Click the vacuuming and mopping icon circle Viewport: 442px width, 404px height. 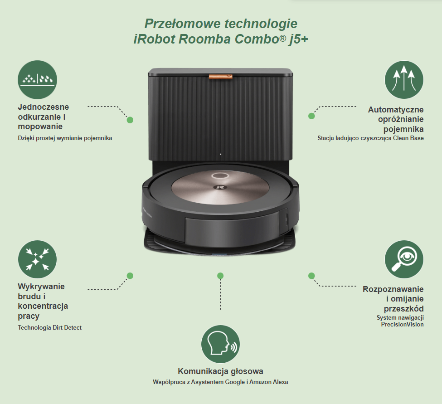(x=37, y=79)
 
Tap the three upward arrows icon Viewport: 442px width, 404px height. (x=404, y=80)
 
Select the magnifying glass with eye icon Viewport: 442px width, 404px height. (x=404, y=259)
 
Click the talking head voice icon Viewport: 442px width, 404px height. (x=220, y=344)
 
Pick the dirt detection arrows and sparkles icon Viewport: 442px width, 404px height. (x=37, y=259)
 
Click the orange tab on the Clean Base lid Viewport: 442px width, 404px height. (x=220, y=76)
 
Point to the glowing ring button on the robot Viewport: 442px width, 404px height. (x=220, y=175)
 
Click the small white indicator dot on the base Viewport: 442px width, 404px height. (x=220, y=154)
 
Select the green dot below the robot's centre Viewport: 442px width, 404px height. (x=220, y=276)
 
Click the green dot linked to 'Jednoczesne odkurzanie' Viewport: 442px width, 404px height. (x=130, y=120)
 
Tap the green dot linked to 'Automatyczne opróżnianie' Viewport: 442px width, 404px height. (x=311, y=116)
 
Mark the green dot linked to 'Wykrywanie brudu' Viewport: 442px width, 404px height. (x=130, y=276)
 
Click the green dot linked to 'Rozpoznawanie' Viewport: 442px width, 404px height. (x=311, y=276)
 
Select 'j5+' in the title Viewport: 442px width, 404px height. (x=298, y=39)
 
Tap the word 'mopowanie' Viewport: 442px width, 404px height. (x=40, y=127)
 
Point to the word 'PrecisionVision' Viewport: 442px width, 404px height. (x=402, y=325)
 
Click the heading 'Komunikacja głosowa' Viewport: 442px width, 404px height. (x=220, y=371)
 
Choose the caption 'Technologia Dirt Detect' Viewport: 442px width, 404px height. (x=49, y=327)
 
